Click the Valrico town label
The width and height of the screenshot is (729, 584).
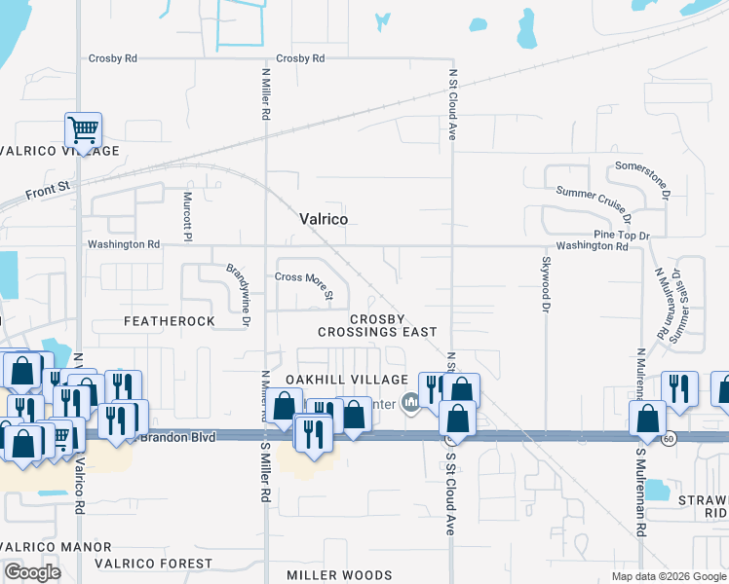323,220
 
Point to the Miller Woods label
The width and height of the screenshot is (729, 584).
339,575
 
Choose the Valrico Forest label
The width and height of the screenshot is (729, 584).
153,564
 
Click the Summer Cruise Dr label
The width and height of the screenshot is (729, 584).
595,203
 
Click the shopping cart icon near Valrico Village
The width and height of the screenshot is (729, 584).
84,129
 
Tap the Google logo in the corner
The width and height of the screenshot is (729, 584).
33,572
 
